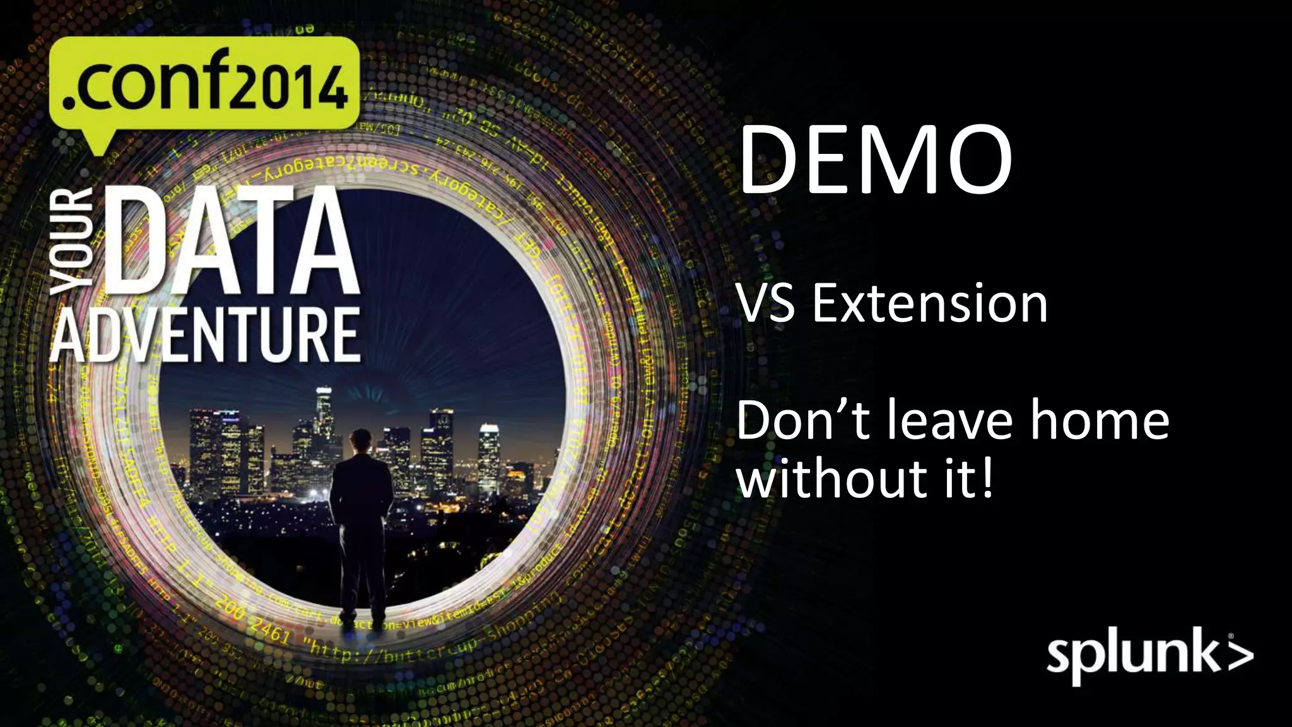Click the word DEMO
coord(875,161)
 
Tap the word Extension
coord(930,304)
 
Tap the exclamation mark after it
coord(987,478)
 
